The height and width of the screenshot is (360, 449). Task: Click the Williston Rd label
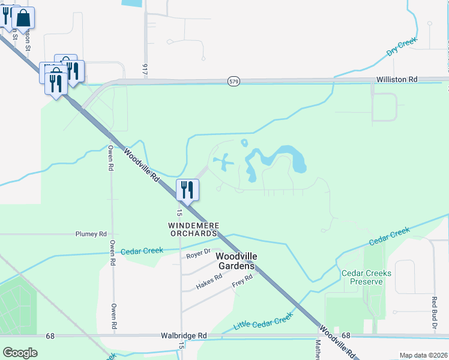397,79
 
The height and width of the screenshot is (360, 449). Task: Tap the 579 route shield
234,81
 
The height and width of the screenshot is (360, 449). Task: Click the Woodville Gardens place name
235,261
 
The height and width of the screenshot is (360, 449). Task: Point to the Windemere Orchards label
193,229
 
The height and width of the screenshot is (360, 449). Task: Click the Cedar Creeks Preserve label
366,277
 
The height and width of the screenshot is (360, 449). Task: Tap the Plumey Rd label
91,234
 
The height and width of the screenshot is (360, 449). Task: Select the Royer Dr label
198,253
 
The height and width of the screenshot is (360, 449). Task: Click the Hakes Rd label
209,282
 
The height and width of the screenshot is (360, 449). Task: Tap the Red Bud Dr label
434,312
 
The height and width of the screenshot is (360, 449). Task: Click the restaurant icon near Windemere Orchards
187,190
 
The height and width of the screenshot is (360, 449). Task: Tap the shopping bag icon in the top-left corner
23,18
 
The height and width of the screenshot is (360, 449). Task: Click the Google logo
20,353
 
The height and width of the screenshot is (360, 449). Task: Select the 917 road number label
145,69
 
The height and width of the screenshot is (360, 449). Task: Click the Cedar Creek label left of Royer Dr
142,251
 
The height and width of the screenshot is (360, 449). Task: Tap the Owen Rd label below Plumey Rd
113,252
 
